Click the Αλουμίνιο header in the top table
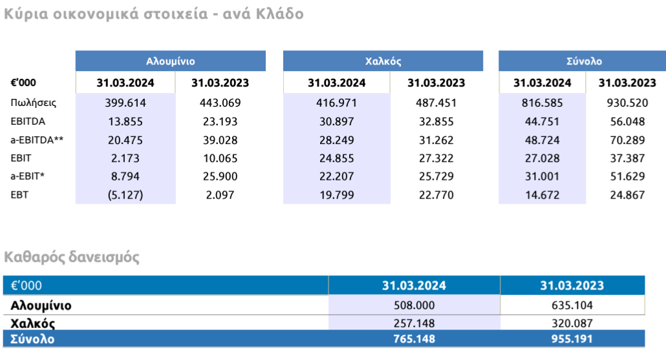pos(170,61)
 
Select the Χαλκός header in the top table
pos(383,61)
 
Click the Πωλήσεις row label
pos(34,102)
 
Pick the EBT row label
pos(20,194)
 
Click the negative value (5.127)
pos(125,195)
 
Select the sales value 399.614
pos(125,103)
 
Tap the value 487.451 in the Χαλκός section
pos(436,103)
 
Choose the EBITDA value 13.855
pos(125,121)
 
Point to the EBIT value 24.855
pos(336,158)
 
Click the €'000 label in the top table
pos(24,83)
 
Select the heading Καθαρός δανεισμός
pos(72,258)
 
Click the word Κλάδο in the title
pos(278,14)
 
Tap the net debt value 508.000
pos(414,306)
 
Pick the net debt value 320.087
pos(572,323)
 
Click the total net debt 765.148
pos(414,339)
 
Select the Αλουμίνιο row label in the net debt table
pos(41,306)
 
